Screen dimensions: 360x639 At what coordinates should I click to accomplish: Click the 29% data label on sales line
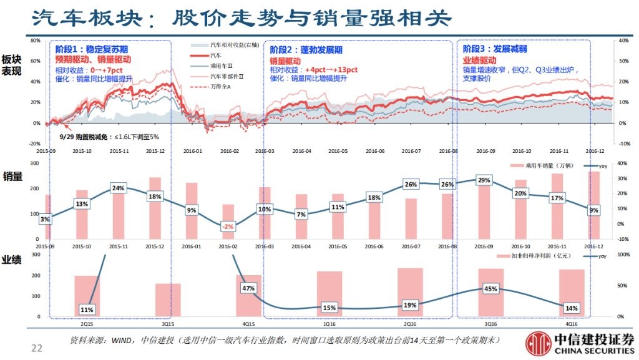(x=483, y=180)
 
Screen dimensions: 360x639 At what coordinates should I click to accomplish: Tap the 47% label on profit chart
(x=248, y=288)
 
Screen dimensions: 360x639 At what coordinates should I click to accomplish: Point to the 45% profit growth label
(x=490, y=289)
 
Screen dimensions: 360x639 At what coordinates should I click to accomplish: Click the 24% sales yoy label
(x=119, y=188)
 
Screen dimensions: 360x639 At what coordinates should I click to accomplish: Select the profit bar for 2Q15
(x=87, y=296)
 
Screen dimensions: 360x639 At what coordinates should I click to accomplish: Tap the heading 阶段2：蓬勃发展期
(x=306, y=50)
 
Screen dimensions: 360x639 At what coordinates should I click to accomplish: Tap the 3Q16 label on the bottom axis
(x=490, y=324)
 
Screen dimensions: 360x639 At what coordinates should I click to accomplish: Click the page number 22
(x=37, y=348)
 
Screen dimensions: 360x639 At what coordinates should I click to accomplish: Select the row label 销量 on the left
(x=12, y=177)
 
